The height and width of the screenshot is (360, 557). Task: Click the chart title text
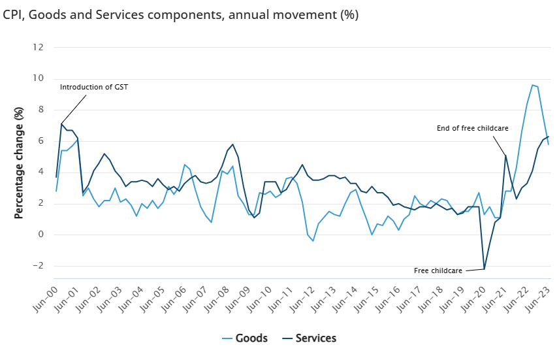point(181,14)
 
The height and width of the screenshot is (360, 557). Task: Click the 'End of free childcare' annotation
point(472,128)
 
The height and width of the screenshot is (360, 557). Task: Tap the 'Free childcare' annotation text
point(439,270)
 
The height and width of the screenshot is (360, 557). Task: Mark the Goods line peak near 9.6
point(532,85)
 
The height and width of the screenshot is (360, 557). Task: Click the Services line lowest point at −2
point(484,269)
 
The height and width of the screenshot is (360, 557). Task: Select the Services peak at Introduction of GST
point(61,123)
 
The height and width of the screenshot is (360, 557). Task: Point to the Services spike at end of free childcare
point(505,155)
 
